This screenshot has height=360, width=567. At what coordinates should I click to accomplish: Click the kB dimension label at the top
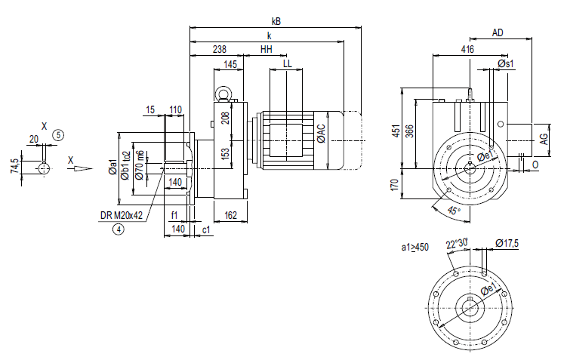[x=276, y=20]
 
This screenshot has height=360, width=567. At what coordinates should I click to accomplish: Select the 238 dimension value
[x=219, y=49]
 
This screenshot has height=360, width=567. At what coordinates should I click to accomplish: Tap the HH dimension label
[x=267, y=49]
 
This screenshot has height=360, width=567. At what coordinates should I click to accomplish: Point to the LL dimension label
[x=287, y=64]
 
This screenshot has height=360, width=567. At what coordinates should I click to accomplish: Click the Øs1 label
[x=507, y=64]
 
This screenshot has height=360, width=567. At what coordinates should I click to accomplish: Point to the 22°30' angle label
[x=457, y=243]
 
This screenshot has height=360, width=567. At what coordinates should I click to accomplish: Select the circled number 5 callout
[x=59, y=134]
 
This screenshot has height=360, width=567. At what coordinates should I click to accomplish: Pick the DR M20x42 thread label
[x=121, y=215]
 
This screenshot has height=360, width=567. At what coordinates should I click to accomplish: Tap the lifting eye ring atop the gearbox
[x=225, y=94]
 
